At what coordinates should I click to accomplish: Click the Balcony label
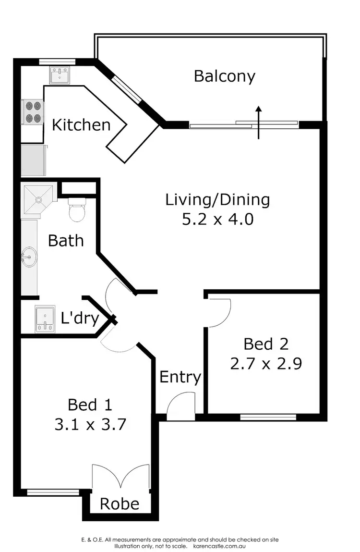point(224,76)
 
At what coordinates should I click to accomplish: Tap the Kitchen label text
point(81,125)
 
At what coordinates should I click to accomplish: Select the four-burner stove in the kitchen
point(33,111)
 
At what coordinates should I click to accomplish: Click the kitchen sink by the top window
point(60,75)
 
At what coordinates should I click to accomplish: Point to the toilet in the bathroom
point(76,210)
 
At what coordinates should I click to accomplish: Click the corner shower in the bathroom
point(38,199)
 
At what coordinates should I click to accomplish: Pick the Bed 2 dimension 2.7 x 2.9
point(265,363)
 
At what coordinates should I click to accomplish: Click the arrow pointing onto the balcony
point(258,122)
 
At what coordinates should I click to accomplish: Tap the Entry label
point(180,377)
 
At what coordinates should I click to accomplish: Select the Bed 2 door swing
point(220,311)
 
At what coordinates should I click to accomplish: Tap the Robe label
point(120,503)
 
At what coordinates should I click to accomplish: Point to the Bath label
point(66,240)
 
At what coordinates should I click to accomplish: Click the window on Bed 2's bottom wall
point(268,417)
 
